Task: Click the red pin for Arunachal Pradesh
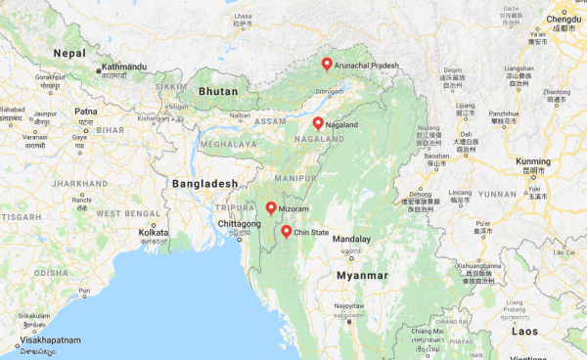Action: (327, 64)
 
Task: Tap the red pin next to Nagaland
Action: (318, 123)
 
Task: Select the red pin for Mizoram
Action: (270, 207)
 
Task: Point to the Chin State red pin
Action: (286, 232)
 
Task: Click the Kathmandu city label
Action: (121, 67)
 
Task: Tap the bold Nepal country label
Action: (70, 52)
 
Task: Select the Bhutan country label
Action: (218, 90)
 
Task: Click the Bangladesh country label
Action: (204, 183)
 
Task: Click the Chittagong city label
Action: (224, 224)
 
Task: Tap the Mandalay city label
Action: (352, 239)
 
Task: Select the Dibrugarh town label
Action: (330, 93)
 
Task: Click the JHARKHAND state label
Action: (80, 183)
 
